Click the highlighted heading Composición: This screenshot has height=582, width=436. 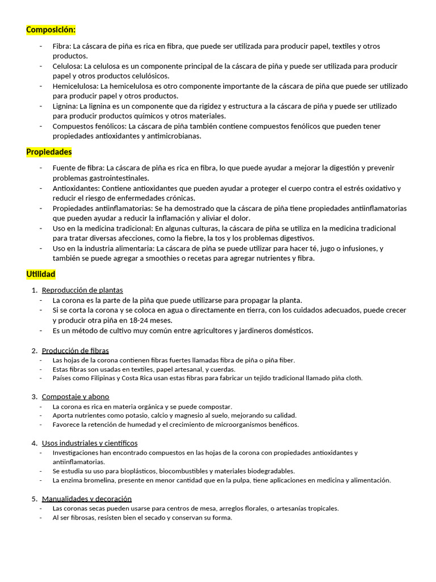(51, 30)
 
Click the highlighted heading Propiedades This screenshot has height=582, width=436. (49, 152)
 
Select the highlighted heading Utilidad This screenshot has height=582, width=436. (41, 274)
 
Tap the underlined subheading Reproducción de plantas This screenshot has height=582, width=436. (82, 290)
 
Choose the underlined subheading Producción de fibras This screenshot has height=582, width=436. (76, 351)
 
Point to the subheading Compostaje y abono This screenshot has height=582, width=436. (76, 397)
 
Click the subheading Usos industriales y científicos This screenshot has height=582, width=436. (90, 443)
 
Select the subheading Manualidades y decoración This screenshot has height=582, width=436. (87, 498)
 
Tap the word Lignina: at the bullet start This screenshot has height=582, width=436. (65, 106)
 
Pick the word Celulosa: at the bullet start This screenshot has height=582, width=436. (68, 66)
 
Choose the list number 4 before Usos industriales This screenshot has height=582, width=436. (34, 443)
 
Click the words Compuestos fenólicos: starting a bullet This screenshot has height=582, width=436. (90, 126)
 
